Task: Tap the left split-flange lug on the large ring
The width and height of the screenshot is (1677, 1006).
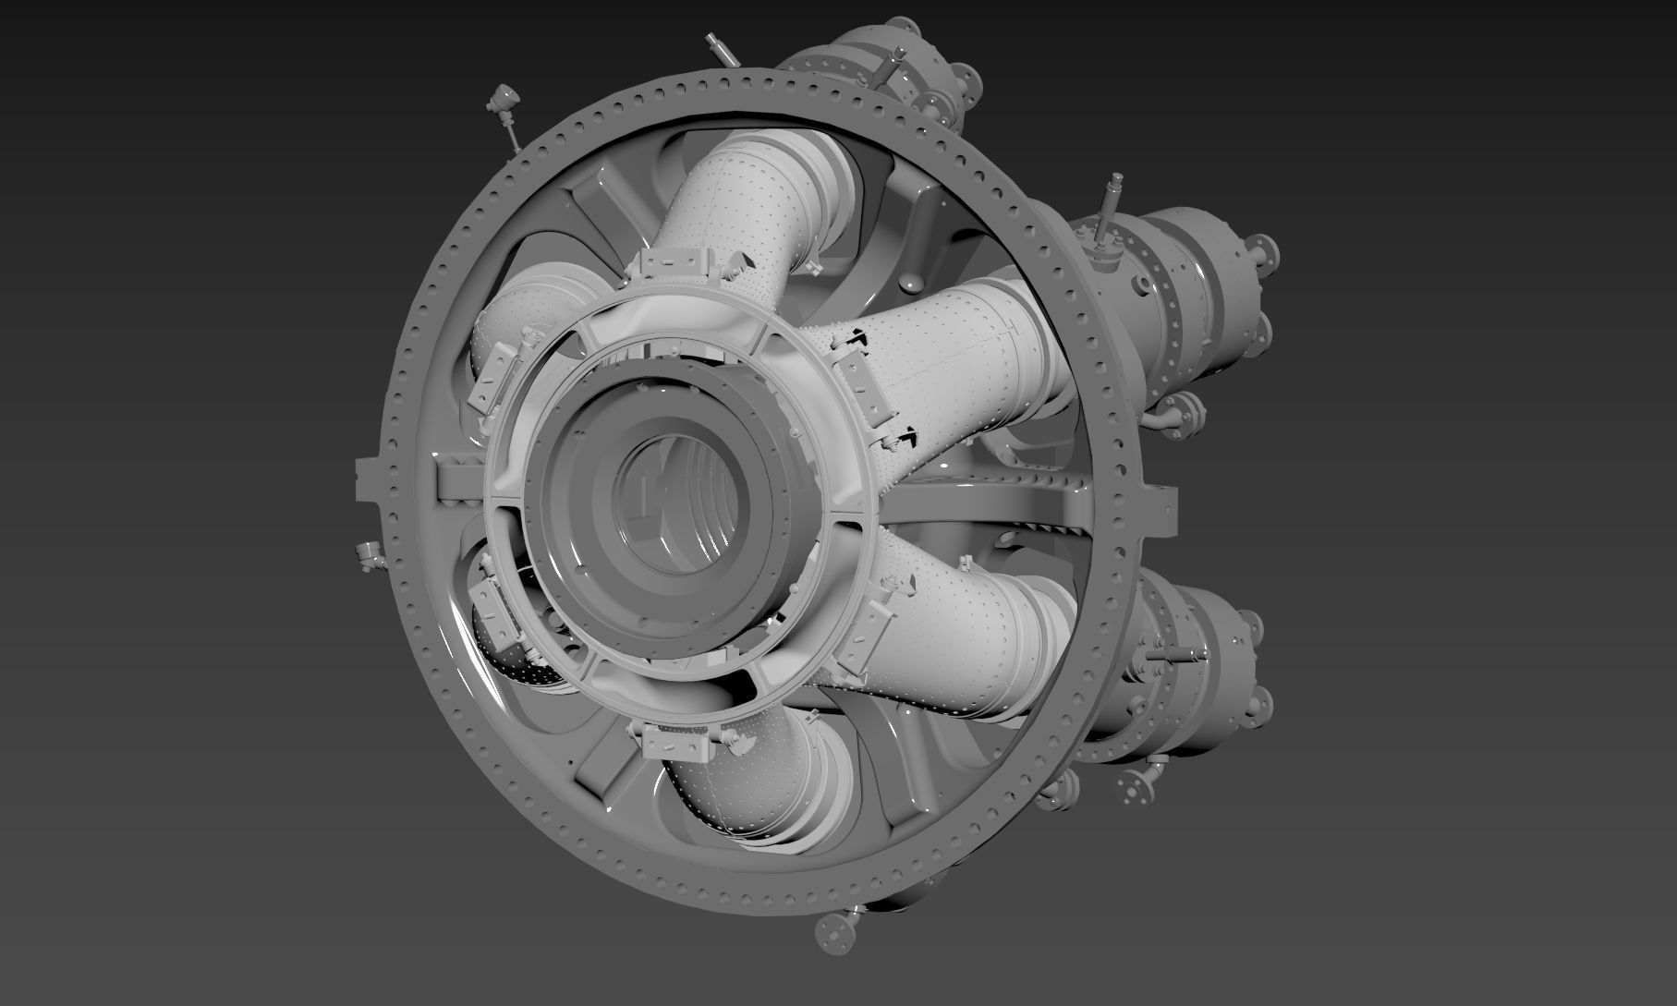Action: (369, 479)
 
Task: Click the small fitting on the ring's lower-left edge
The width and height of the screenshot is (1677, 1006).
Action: (369, 554)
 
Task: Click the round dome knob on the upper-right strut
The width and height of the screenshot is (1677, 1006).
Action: (915, 281)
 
